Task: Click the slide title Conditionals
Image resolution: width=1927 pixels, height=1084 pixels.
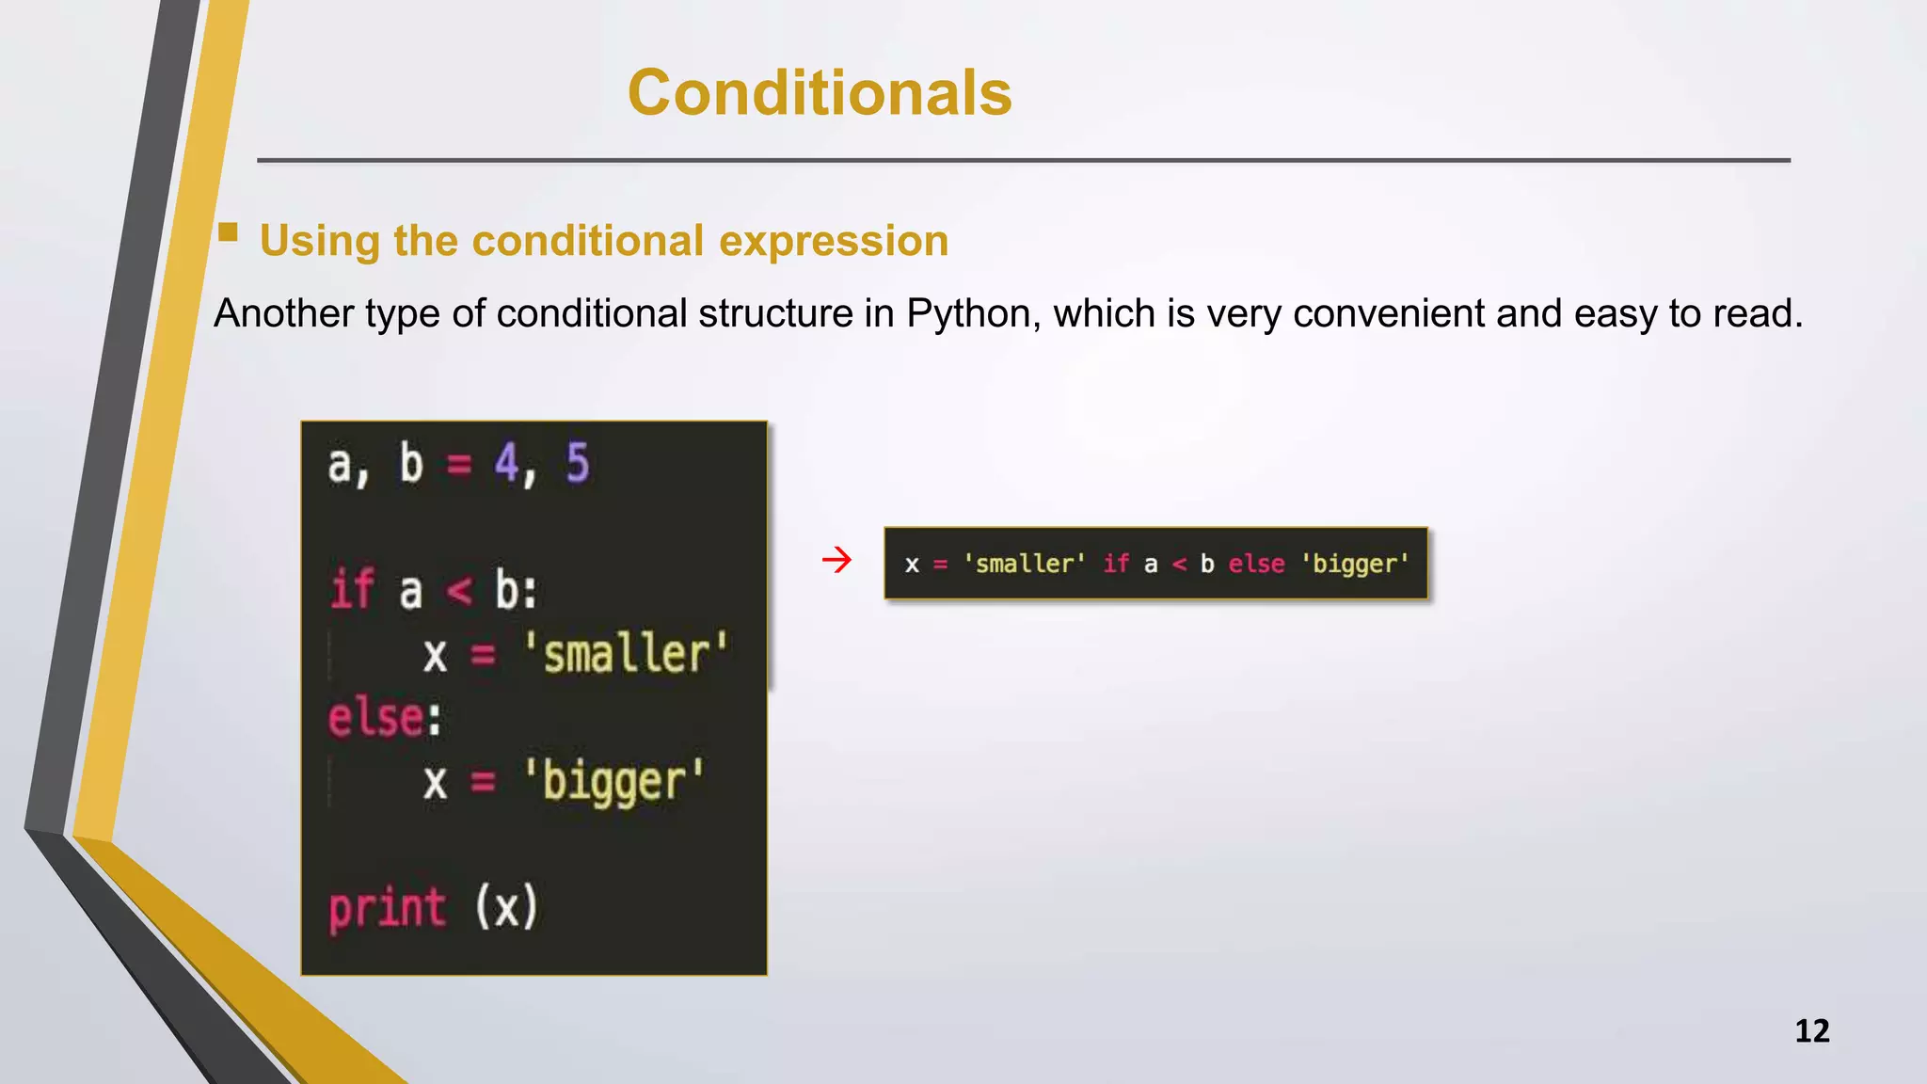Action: pos(820,93)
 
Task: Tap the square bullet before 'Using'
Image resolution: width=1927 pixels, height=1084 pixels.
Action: pos(228,232)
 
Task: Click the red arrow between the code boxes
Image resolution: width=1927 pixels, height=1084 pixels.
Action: pos(836,561)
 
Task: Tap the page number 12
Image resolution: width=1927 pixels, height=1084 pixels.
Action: pos(1811,1030)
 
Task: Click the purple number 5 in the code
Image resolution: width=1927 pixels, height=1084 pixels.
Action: pos(577,464)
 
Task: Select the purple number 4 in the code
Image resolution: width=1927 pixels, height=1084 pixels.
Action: pos(507,464)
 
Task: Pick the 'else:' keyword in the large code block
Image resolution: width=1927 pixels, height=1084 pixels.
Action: pos(384,718)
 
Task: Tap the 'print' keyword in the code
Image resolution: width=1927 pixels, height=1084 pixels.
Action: pos(387,909)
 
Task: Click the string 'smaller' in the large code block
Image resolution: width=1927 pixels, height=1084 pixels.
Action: pos(626,654)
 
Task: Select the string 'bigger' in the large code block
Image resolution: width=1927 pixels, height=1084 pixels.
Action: pos(613,782)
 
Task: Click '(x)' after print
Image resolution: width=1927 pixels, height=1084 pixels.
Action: pos(506,908)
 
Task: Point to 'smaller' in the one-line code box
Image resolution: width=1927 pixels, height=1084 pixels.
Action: pos(1024,564)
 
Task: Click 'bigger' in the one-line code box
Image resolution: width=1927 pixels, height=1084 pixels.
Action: pos(1355,564)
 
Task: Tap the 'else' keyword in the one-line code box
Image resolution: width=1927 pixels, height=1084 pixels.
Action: pos(1256,564)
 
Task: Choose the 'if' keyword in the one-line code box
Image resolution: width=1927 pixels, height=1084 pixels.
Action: pos(1116,564)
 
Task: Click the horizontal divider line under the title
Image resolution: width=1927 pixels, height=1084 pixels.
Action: pos(1024,161)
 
